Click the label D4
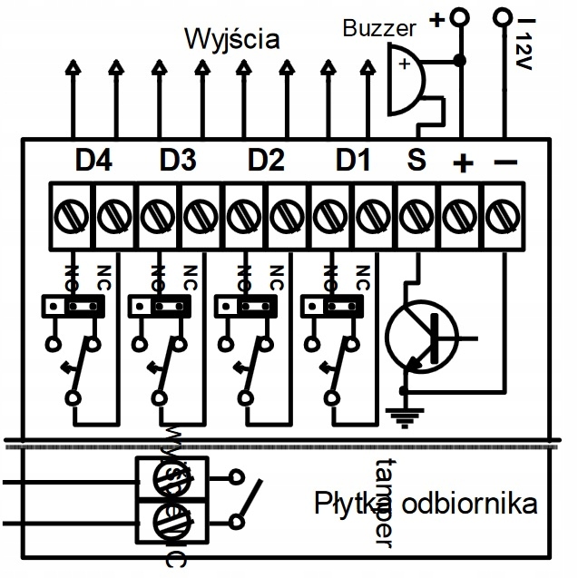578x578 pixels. [93, 161]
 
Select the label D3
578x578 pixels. [178, 161]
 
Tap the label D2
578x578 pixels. [266, 161]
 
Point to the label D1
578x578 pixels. [353, 161]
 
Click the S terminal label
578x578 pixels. [416, 161]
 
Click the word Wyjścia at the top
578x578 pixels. [232, 39]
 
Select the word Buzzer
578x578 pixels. [379, 28]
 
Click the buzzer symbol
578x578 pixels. [406, 82]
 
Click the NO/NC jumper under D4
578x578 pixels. [73, 307]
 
